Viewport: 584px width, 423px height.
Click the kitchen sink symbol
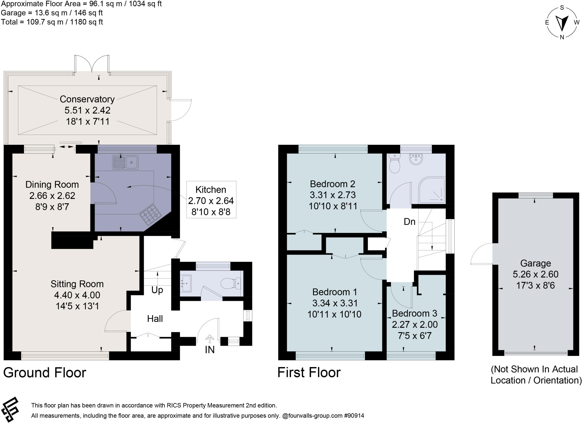pos(125,162)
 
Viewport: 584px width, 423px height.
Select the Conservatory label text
pos(87,99)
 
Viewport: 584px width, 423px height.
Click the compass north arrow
pos(562,23)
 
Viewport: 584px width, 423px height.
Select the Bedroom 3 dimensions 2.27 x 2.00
pos(415,325)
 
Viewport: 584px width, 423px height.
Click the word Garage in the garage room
pos(535,263)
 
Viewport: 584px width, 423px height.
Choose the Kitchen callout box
pos(211,200)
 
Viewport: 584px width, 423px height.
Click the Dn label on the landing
pos(409,221)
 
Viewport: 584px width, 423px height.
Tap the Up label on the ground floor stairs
pos(157,290)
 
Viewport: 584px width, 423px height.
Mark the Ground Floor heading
pos(44,372)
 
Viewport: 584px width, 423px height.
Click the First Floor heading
pos(309,372)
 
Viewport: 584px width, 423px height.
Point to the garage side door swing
pos(482,254)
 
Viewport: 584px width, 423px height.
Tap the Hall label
pos(155,319)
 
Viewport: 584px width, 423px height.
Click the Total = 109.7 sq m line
pos(52,22)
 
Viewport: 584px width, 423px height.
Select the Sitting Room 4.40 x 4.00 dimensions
pos(77,295)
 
